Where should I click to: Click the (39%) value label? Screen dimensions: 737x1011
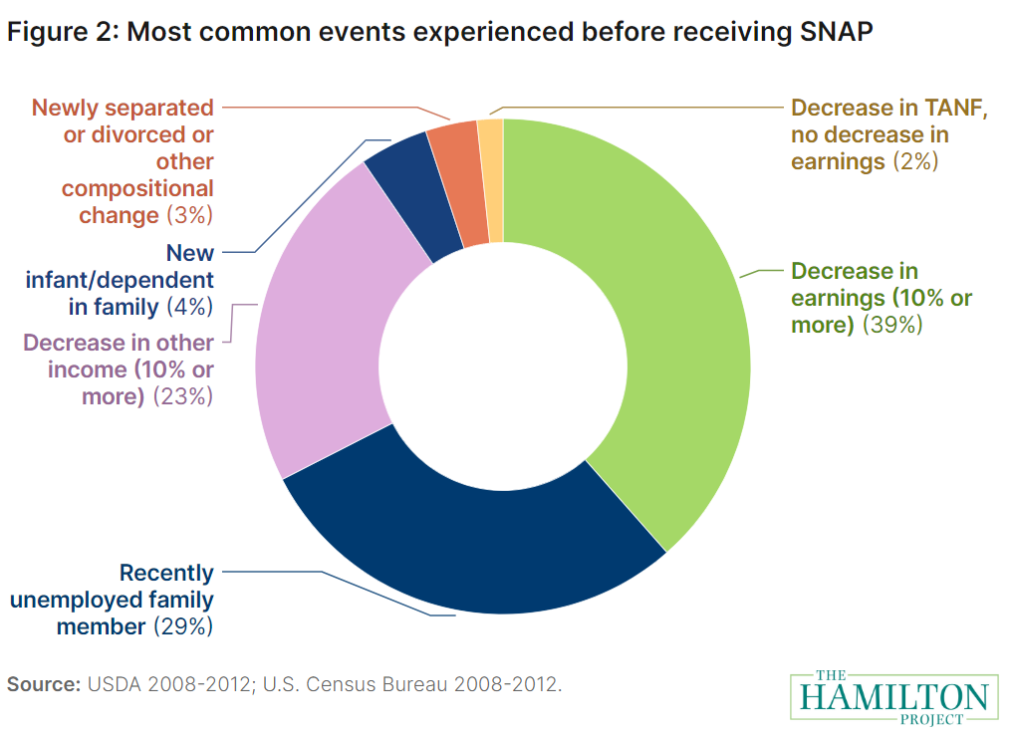pos(892,325)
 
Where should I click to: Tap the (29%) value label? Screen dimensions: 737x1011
pos(183,627)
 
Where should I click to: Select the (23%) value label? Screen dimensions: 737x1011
pos(183,396)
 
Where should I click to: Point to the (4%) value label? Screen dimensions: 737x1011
pos(189,307)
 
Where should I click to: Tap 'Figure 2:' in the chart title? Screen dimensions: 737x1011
pos(62,32)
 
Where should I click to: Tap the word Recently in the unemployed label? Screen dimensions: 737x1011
pos(166,574)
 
